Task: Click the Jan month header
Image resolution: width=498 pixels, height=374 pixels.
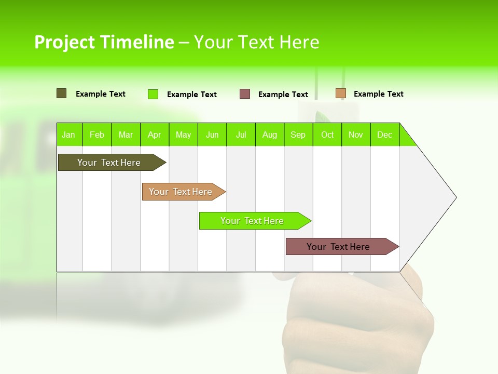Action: [x=69, y=135]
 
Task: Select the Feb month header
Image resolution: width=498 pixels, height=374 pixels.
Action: [x=97, y=135]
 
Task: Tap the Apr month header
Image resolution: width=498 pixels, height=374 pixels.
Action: [x=155, y=135]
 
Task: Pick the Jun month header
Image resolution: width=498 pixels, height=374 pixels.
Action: [x=212, y=135]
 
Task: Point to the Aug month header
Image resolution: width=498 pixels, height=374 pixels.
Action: [x=270, y=135]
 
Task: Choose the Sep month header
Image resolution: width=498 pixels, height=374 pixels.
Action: [x=298, y=135]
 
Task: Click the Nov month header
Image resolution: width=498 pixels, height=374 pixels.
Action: [x=356, y=135]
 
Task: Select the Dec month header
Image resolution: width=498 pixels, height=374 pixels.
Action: [x=385, y=135]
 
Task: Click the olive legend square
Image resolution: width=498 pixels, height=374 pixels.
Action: [x=62, y=94]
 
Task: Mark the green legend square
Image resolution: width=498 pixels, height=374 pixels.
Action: [x=153, y=94]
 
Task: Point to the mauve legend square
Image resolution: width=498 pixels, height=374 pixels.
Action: [x=245, y=94]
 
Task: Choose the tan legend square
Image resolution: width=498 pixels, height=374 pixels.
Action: [x=341, y=94]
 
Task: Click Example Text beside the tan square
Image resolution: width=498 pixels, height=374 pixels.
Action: [x=378, y=94]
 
